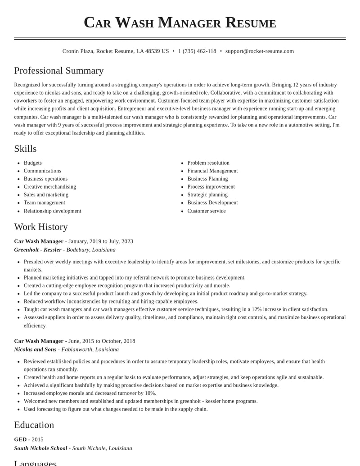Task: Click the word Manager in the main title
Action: (189, 23)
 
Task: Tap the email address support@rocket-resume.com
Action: (259, 51)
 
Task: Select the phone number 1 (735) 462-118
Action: (197, 51)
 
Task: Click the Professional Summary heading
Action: (59, 71)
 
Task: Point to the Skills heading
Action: (25, 149)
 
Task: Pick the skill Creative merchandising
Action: (50, 187)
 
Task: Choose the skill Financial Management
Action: (212, 171)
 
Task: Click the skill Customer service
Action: (207, 211)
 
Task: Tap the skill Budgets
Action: (33, 163)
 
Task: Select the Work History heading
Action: (41, 227)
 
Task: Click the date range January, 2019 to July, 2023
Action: (101, 241)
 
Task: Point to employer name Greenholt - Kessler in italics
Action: (38, 250)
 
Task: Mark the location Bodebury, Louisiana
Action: (91, 250)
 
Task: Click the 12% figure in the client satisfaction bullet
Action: (257, 309)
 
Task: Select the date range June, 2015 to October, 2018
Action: (102, 341)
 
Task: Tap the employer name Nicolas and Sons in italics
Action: (35, 350)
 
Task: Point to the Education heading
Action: (34, 425)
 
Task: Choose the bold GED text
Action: (20, 439)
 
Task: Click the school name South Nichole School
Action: (40, 448)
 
